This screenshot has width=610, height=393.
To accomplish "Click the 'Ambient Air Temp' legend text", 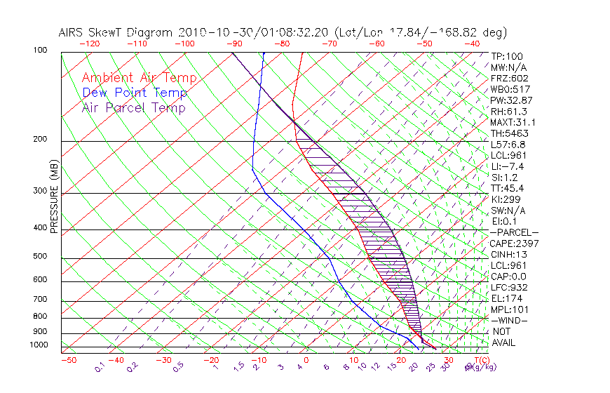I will [x=139, y=78].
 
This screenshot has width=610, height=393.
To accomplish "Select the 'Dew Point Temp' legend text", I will [x=134, y=93].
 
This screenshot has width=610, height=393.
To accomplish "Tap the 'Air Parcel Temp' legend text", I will [x=133, y=107].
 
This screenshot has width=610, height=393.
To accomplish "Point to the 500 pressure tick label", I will [x=41, y=257].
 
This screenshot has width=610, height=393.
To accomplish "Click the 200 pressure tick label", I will [x=41, y=140].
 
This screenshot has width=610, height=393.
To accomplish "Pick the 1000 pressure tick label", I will [x=39, y=345].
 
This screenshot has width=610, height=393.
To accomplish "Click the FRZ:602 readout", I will [x=509, y=78].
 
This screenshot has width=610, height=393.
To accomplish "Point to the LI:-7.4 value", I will [x=507, y=166].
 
